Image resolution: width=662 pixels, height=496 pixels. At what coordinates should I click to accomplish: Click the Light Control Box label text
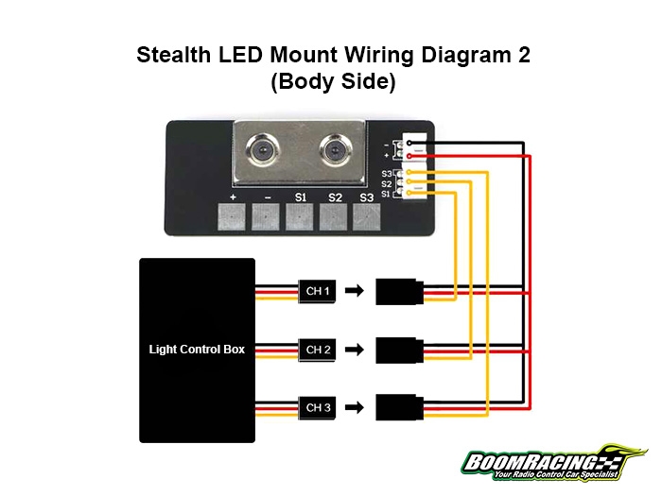pyautogui.click(x=197, y=350)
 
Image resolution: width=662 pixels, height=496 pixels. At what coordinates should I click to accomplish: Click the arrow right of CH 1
pyautogui.click(x=353, y=292)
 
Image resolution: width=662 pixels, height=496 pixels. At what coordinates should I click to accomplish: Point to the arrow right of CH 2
pyautogui.click(x=353, y=351)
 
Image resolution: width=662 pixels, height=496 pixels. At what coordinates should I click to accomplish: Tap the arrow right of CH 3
pyautogui.click(x=353, y=408)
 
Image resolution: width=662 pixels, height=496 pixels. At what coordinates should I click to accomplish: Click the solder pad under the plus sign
pyautogui.click(x=233, y=218)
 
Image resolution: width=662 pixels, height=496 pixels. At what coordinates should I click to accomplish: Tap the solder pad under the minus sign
pyautogui.click(x=267, y=218)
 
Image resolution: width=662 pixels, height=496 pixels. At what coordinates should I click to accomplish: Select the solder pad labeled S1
pyautogui.click(x=300, y=218)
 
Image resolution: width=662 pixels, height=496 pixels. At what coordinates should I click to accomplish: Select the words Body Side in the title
pyautogui.click(x=332, y=81)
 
